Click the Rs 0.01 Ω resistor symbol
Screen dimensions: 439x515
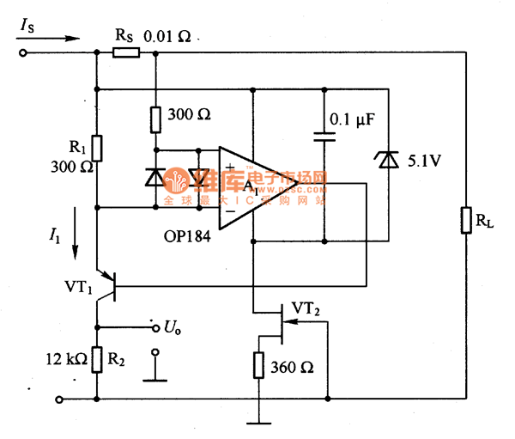point(125,53)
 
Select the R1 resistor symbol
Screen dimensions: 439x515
point(97,149)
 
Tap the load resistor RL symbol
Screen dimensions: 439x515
point(465,220)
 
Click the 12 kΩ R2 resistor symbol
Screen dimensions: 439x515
point(97,361)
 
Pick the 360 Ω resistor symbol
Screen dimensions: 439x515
point(259,365)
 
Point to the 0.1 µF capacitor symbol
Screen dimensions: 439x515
point(325,135)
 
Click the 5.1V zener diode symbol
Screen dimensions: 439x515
point(388,160)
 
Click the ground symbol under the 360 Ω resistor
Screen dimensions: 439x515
point(259,422)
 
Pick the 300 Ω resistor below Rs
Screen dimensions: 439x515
point(155,119)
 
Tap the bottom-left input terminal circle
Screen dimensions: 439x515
point(58,399)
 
